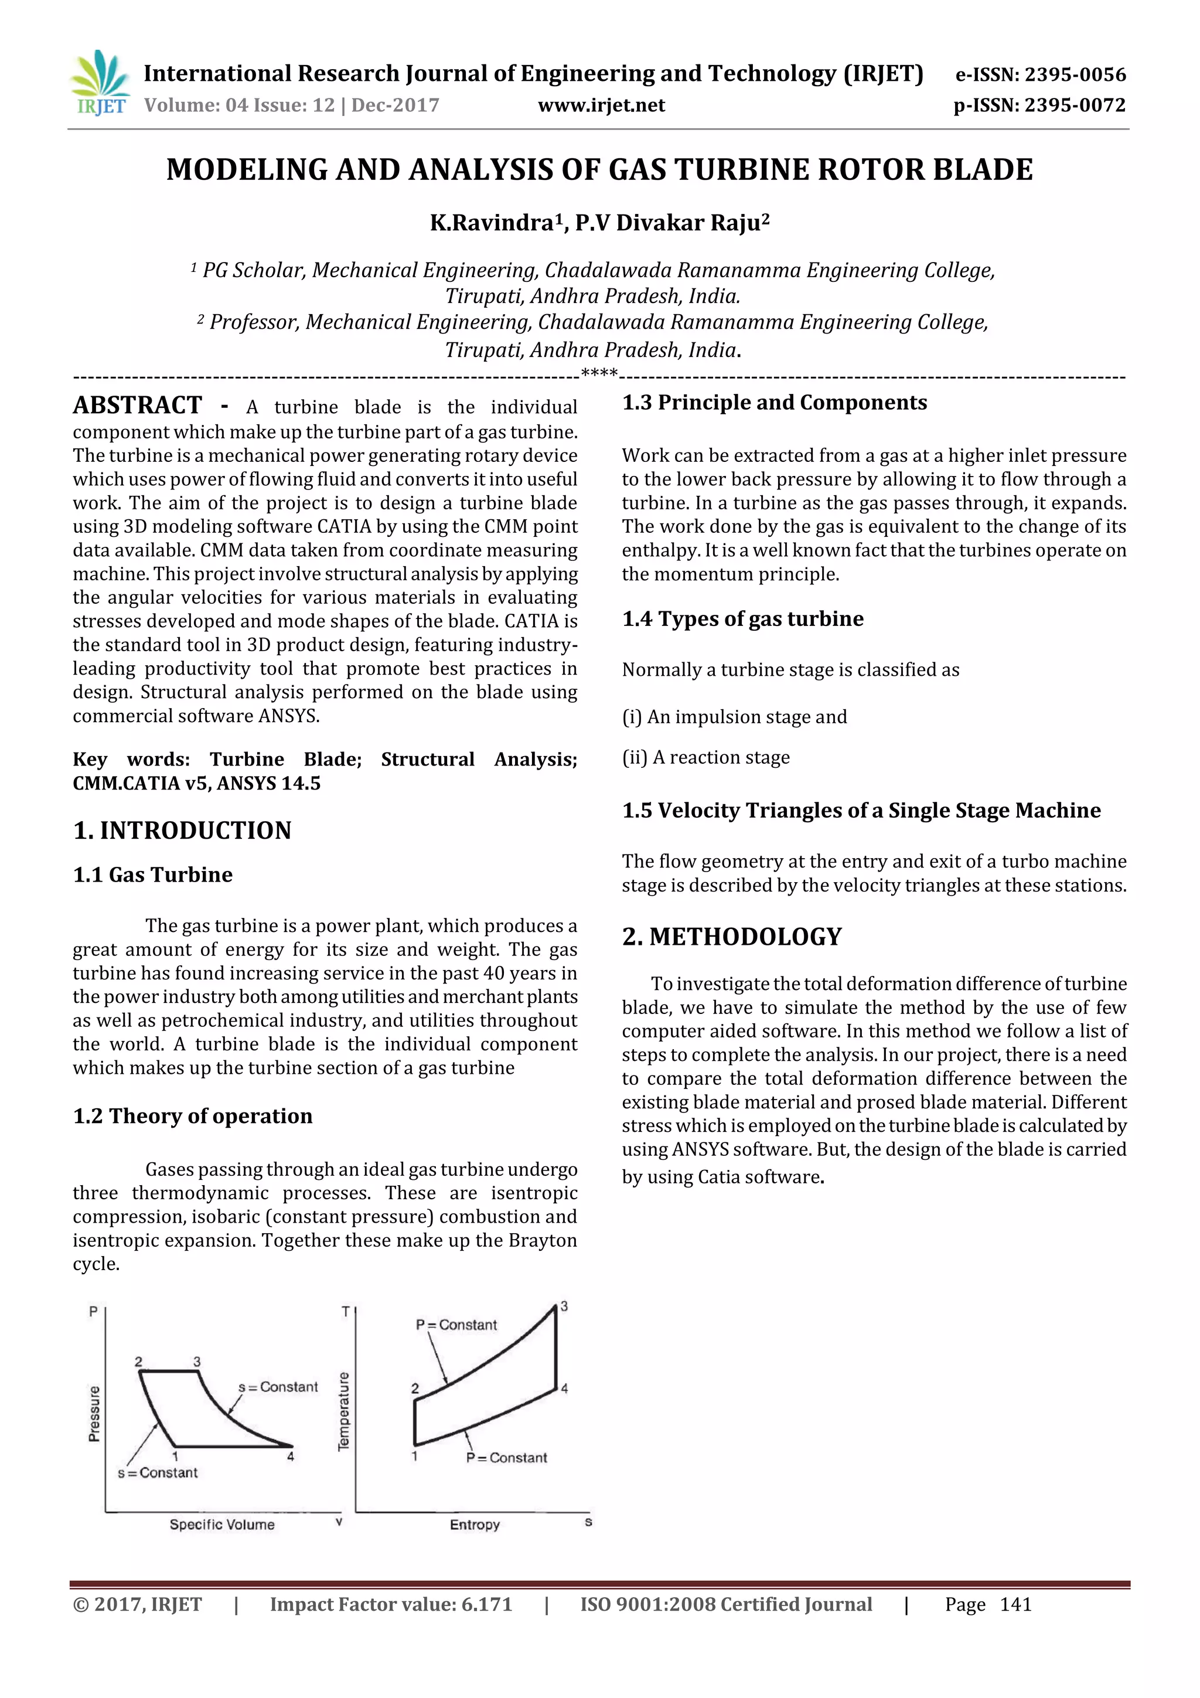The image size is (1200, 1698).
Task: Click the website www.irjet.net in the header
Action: pos(601,106)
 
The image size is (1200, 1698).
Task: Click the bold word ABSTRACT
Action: pos(138,406)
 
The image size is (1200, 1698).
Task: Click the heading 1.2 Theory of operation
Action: pos(192,1116)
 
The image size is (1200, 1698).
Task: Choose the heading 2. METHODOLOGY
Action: pos(731,937)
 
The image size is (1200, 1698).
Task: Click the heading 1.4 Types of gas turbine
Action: pos(742,619)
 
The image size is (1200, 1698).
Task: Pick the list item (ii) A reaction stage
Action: pos(705,757)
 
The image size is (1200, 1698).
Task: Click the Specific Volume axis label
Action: pos(222,1524)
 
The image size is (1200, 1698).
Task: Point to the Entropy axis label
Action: pos(475,1524)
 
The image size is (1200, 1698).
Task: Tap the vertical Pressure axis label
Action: pos(94,1413)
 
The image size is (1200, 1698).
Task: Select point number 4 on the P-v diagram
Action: pos(291,1456)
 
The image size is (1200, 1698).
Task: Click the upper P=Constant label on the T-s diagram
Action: pos(456,1325)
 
